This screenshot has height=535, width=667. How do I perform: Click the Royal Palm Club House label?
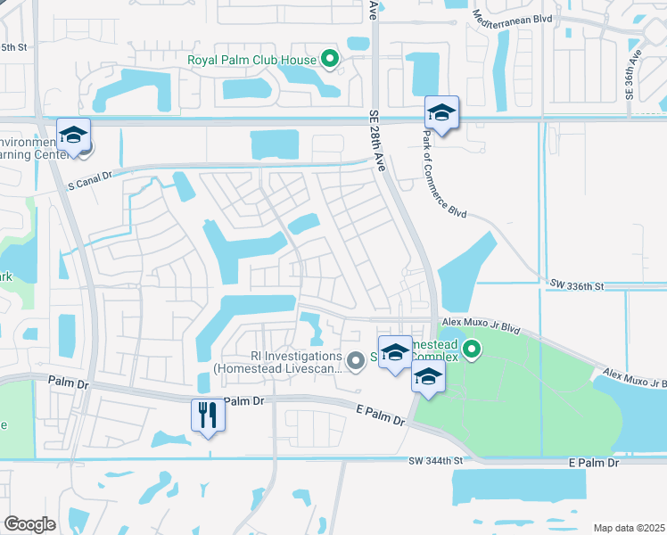(252, 61)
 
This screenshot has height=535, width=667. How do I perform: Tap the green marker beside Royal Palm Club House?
(330, 60)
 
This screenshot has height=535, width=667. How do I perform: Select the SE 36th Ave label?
(635, 80)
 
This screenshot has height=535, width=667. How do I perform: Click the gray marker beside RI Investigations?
(356, 360)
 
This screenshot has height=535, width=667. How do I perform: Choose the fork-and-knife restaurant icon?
(207, 415)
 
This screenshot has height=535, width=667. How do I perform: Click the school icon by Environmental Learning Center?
(74, 136)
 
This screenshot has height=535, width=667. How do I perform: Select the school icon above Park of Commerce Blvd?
(441, 113)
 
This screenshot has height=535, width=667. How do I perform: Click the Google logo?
(30, 524)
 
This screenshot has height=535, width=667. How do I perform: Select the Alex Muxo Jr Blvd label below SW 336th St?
(481, 326)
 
